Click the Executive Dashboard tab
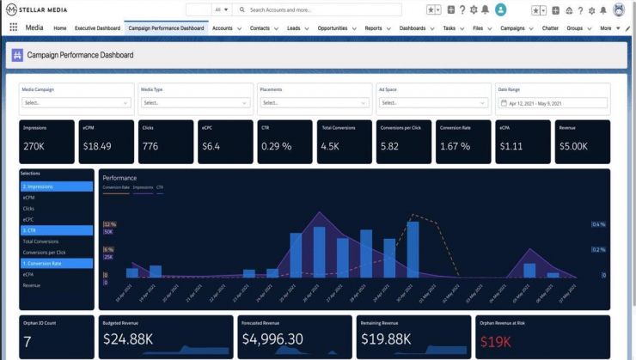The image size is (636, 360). [x=97, y=27]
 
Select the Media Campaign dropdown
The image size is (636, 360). [x=76, y=102]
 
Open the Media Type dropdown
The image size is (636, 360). [x=195, y=102]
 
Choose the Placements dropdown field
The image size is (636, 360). [x=314, y=102]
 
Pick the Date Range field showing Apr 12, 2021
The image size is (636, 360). [x=553, y=102]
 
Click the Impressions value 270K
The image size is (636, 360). [x=34, y=146]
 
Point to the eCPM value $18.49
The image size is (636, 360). [x=97, y=146]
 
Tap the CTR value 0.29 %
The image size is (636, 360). [x=276, y=146]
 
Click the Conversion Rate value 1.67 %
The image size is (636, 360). [x=455, y=146]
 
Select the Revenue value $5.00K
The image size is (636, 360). [x=574, y=146]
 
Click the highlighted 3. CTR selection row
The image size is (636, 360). [x=56, y=230]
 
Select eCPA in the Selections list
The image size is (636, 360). [x=30, y=274]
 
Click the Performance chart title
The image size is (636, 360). [x=119, y=178]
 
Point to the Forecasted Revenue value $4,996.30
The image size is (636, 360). [x=272, y=340]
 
